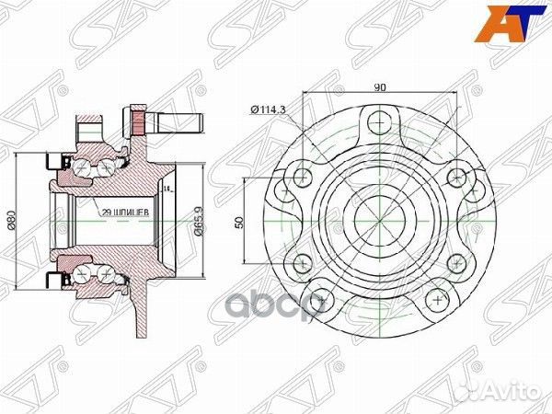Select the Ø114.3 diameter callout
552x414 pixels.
[269, 110]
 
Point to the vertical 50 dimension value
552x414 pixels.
[238, 222]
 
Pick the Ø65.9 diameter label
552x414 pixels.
[198, 221]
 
